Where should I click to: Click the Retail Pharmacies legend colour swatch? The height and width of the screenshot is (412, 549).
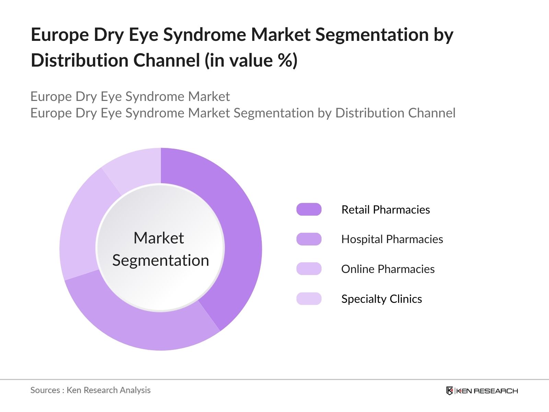309,209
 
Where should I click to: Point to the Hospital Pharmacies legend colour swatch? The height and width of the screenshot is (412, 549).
309,239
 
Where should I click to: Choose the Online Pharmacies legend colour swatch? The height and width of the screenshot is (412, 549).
309,269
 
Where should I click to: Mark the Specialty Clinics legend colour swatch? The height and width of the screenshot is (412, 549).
309,299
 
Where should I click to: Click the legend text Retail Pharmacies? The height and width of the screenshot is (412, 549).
385,209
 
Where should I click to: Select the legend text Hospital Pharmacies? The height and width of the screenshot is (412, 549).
392,239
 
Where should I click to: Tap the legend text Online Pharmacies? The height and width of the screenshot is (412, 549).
388,269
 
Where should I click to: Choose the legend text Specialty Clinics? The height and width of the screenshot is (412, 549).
382,299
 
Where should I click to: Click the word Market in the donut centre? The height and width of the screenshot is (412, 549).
159,238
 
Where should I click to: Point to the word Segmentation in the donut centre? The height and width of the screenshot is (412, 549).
161,260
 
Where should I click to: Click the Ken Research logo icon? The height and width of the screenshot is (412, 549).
449,391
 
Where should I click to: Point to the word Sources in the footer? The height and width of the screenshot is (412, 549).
45,390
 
